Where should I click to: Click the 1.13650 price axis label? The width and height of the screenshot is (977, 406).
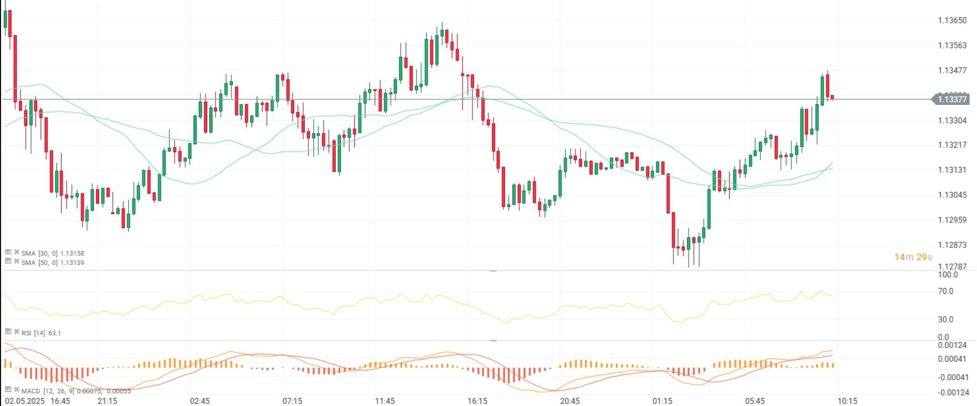click(x=952, y=21)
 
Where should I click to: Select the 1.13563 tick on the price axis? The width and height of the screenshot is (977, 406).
click(x=952, y=45)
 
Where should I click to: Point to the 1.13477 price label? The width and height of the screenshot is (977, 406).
click(x=952, y=71)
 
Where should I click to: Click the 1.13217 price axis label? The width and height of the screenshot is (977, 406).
click(x=952, y=145)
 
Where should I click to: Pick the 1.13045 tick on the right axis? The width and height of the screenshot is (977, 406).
click(x=952, y=195)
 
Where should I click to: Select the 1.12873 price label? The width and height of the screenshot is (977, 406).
click(x=952, y=245)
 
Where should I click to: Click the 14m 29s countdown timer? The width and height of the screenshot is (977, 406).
click(x=913, y=257)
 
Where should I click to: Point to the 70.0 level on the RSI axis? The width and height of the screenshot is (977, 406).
click(x=945, y=291)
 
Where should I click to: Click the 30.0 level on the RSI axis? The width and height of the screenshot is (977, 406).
click(x=945, y=319)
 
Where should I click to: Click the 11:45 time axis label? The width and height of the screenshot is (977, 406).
click(x=385, y=401)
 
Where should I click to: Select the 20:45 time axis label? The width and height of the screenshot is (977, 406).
click(x=570, y=401)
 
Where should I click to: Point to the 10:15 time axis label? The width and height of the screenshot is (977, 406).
click(x=847, y=401)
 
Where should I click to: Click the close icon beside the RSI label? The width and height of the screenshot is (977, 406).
click(x=16, y=331)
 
